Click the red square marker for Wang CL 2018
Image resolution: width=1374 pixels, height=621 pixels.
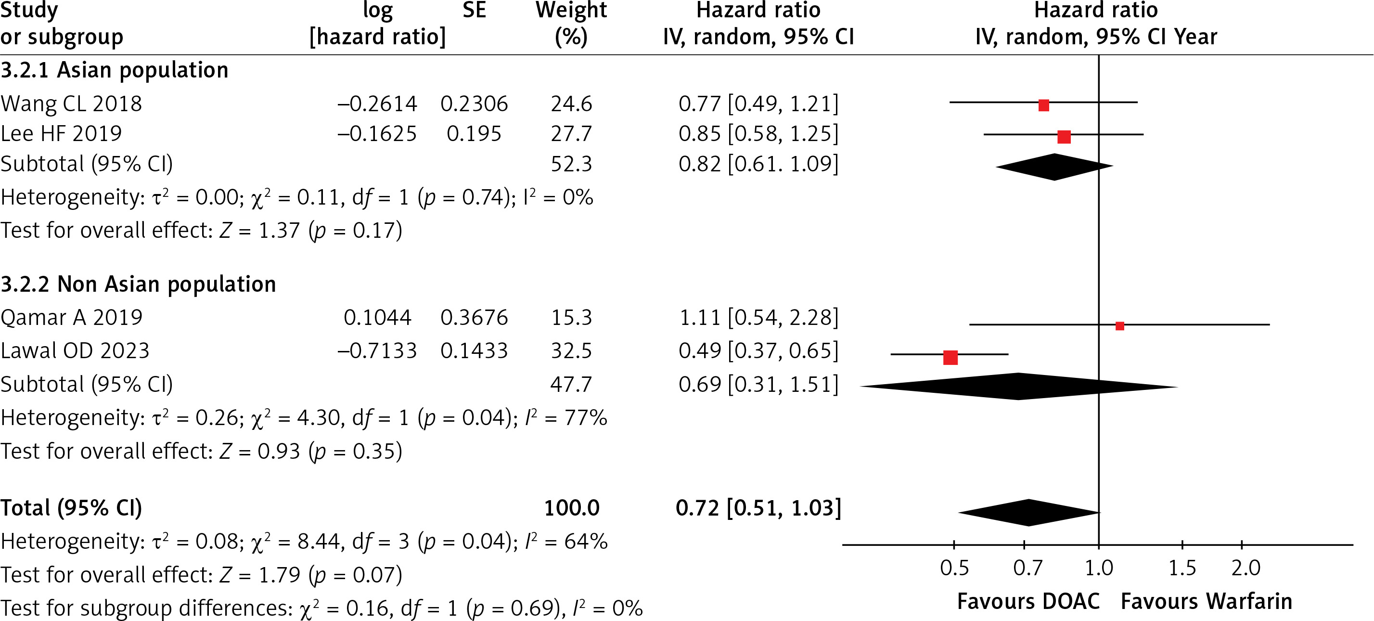(x=1044, y=105)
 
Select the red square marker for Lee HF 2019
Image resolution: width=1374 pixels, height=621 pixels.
(x=1064, y=137)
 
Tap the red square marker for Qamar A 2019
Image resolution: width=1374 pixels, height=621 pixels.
(x=1120, y=326)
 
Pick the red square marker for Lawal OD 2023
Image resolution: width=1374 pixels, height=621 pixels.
(x=950, y=358)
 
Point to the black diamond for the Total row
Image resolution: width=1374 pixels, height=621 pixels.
(x=1029, y=513)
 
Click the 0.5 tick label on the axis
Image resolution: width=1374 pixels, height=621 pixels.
(x=954, y=569)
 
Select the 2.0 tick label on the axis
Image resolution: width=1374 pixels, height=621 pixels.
(x=1246, y=569)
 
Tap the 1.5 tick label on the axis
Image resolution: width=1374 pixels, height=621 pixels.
(x=1182, y=569)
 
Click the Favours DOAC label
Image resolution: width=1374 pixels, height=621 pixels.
(x=1028, y=602)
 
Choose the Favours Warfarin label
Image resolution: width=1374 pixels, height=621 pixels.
(x=1207, y=602)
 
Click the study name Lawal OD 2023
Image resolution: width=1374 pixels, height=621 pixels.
(x=75, y=351)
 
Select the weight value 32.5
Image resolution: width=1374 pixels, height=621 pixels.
(x=571, y=351)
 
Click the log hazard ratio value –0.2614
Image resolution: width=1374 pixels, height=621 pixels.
(x=377, y=104)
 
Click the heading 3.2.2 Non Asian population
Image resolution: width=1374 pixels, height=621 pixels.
(x=139, y=285)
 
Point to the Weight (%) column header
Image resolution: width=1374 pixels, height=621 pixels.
(x=571, y=24)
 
